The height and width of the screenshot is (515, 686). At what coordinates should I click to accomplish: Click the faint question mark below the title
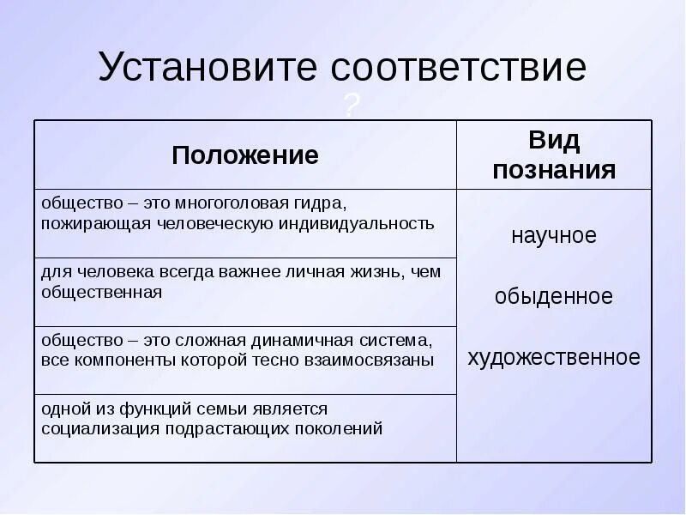pos(351,106)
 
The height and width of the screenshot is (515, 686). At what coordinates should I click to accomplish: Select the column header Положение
pos(245,154)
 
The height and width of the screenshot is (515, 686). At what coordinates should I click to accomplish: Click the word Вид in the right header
pos(553,140)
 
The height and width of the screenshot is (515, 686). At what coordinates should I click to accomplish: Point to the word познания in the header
pos(553,169)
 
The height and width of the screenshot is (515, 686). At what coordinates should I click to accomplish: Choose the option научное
pos(553,235)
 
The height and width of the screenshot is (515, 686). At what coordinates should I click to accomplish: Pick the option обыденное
pos(553,296)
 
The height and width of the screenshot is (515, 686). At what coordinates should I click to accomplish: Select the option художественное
pos(553,357)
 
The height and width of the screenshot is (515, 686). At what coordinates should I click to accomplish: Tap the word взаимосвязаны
pos(369,360)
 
